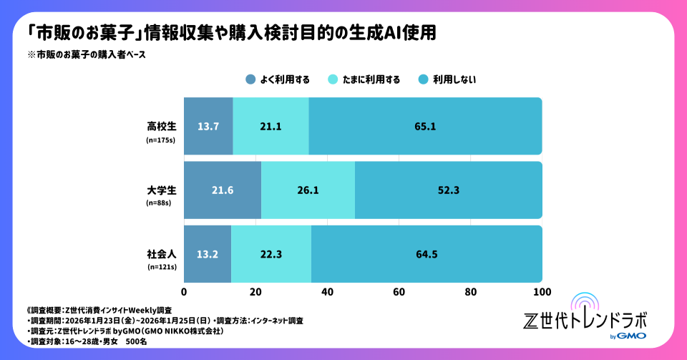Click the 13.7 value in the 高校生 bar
(x=208, y=127)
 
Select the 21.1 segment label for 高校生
(x=271, y=127)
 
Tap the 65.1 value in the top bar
(x=425, y=127)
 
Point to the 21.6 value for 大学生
(x=223, y=190)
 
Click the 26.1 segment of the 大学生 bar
(x=308, y=190)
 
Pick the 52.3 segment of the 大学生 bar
(x=448, y=190)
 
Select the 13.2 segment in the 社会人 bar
(x=208, y=254)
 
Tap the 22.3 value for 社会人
(x=271, y=254)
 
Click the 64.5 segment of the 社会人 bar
(x=427, y=254)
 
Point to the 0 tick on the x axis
(x=185, y=292)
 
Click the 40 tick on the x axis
(x=328, y=292)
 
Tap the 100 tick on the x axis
(x=542, y=292)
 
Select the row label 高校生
(x=161, y=126)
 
